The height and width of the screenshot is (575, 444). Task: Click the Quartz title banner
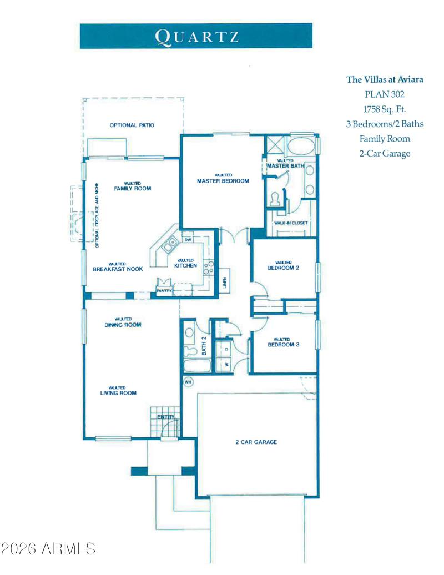point(196,36)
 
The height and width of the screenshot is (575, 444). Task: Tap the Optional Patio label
point(132,125)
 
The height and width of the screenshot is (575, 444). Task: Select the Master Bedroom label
point(223,181)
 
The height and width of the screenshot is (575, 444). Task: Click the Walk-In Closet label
point(291,223)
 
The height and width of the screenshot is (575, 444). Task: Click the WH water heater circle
point(188,382)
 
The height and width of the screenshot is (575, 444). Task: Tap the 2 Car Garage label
point(256,442)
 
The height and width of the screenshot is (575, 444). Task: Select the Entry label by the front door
point(165,417)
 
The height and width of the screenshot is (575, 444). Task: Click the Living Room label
point(118,393)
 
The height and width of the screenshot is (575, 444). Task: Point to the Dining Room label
point(123,325)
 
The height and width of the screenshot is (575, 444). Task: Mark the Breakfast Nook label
point(118,269)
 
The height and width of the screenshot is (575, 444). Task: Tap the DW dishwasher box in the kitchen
point(188,240)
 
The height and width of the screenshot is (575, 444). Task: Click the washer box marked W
point(227,364)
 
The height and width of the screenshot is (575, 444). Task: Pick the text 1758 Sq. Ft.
point(385,109)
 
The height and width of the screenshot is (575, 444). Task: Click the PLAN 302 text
point(385,94)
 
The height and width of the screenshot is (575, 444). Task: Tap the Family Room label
point(133,188)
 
